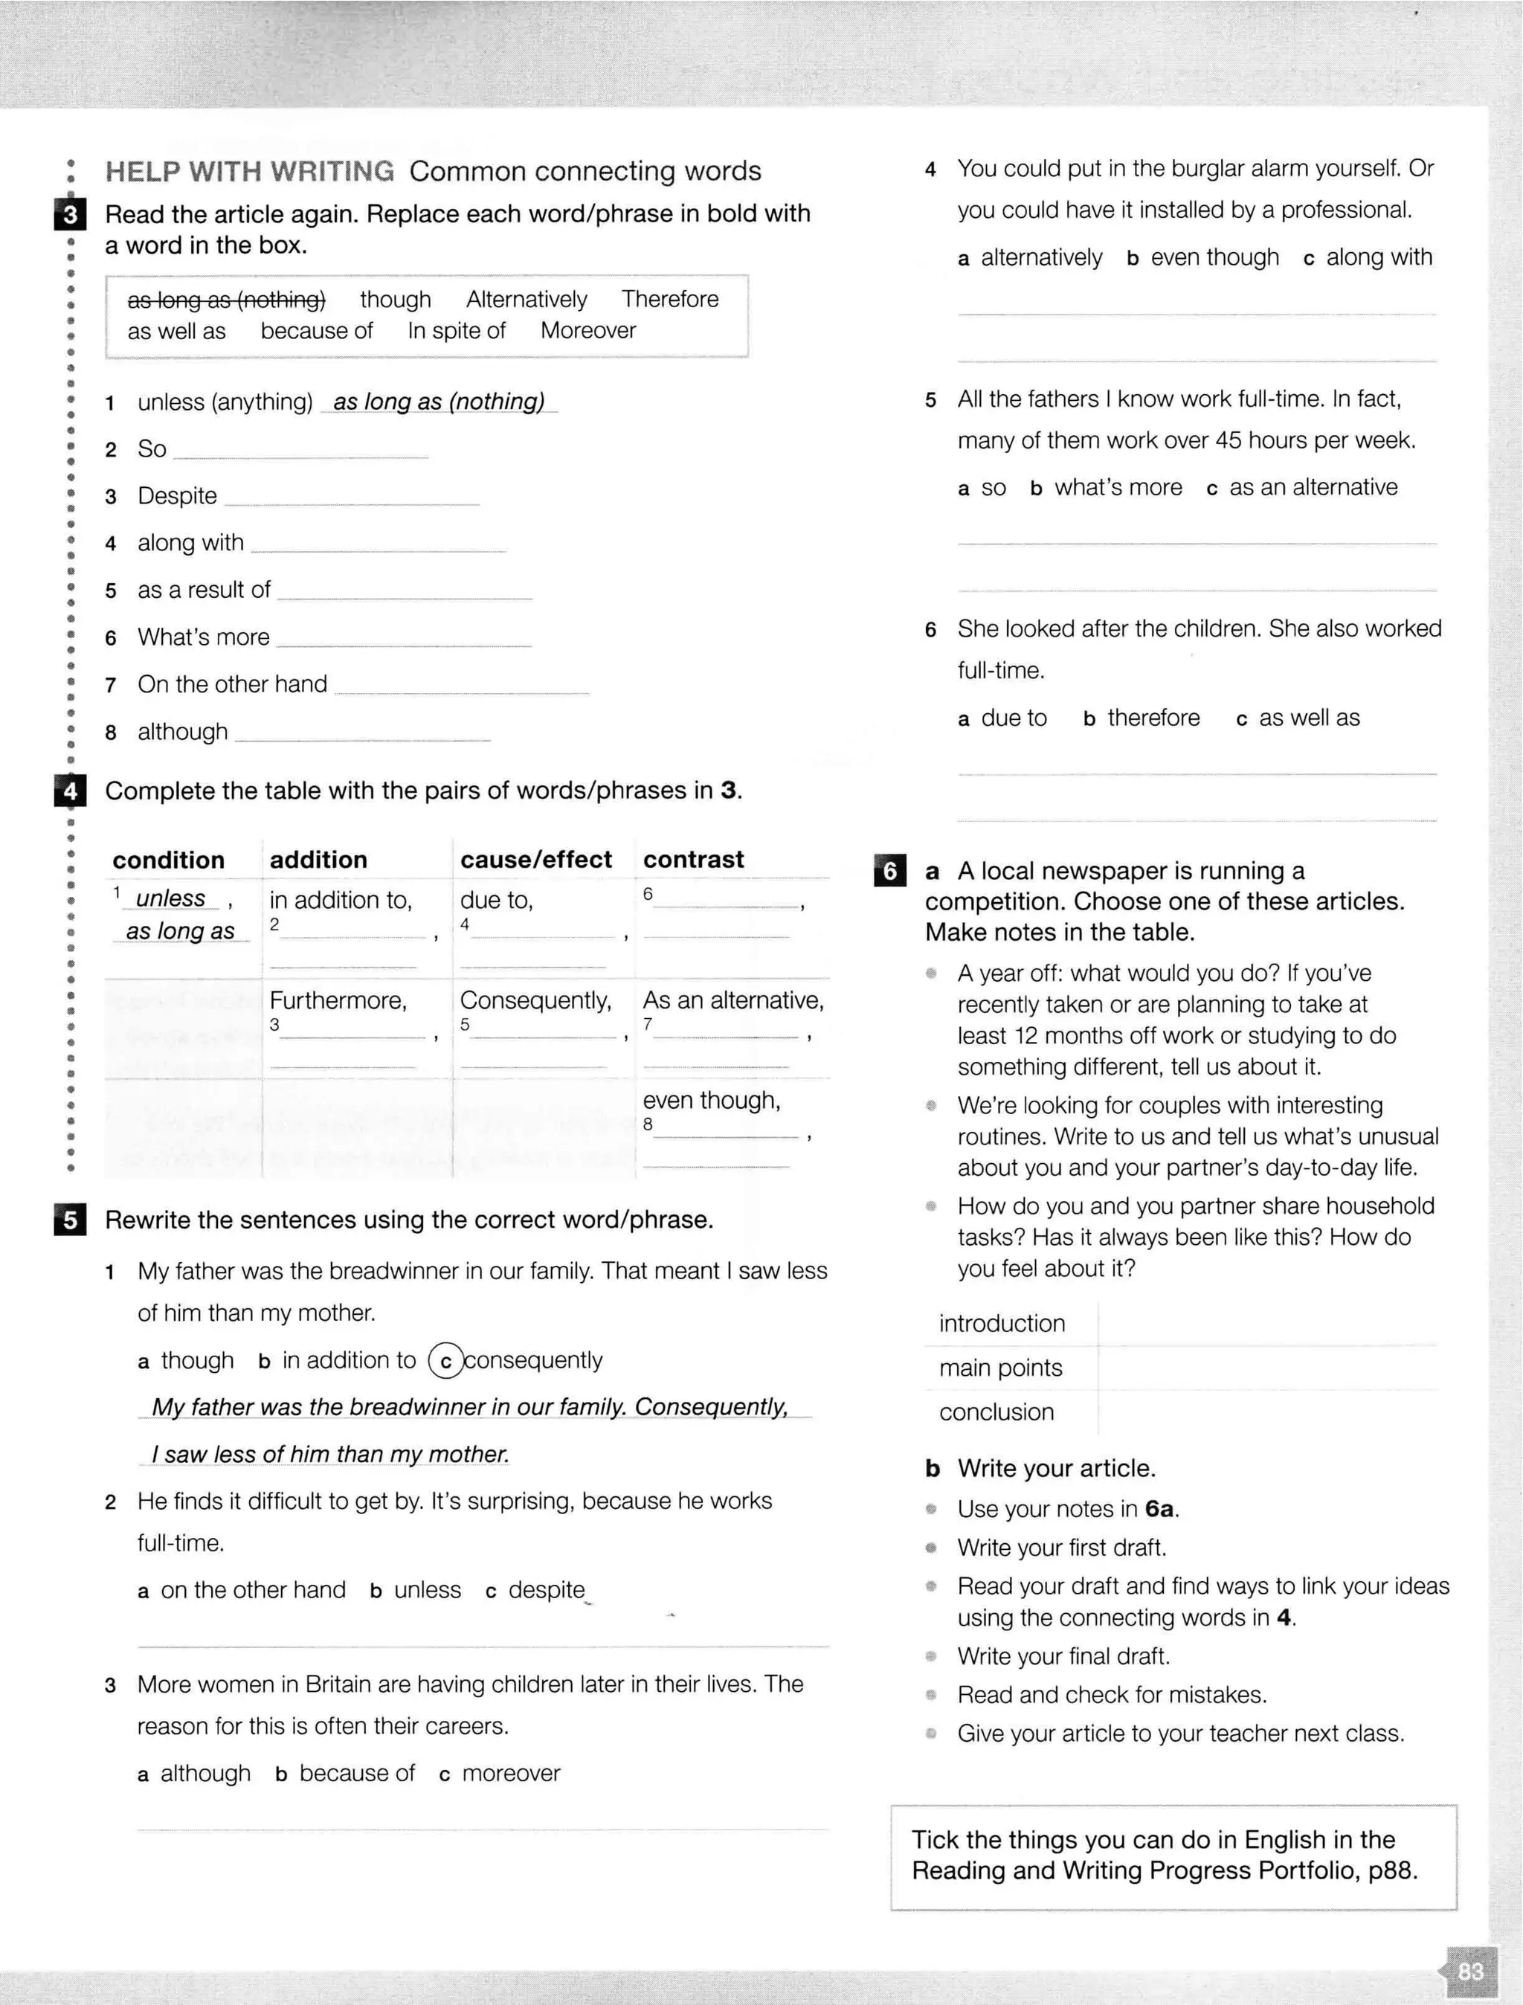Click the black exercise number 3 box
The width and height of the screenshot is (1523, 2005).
(70, 216)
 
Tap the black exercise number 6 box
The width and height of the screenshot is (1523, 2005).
(889, 871)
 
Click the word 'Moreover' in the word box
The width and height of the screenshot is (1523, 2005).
(588, 331)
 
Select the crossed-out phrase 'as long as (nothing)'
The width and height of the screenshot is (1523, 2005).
(226, 299)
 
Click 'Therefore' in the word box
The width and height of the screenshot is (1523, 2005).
(670, 299)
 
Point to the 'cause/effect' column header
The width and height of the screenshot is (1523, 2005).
(535, 859)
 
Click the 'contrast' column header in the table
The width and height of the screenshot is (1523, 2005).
(694, 859)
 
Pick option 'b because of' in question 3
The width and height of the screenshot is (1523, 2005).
(345, 1773)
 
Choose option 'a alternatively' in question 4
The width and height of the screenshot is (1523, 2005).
(1031, 257)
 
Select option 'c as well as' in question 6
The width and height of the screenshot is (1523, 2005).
(1298, 718)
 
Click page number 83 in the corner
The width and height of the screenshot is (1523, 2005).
(1470, 1971)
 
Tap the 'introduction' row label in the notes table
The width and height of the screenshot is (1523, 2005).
(1002, 1323)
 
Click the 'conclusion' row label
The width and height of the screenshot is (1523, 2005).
(996, 1412)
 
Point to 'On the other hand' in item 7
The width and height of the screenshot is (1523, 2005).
(232, 684)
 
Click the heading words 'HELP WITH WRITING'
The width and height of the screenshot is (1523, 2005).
(249, 171)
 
